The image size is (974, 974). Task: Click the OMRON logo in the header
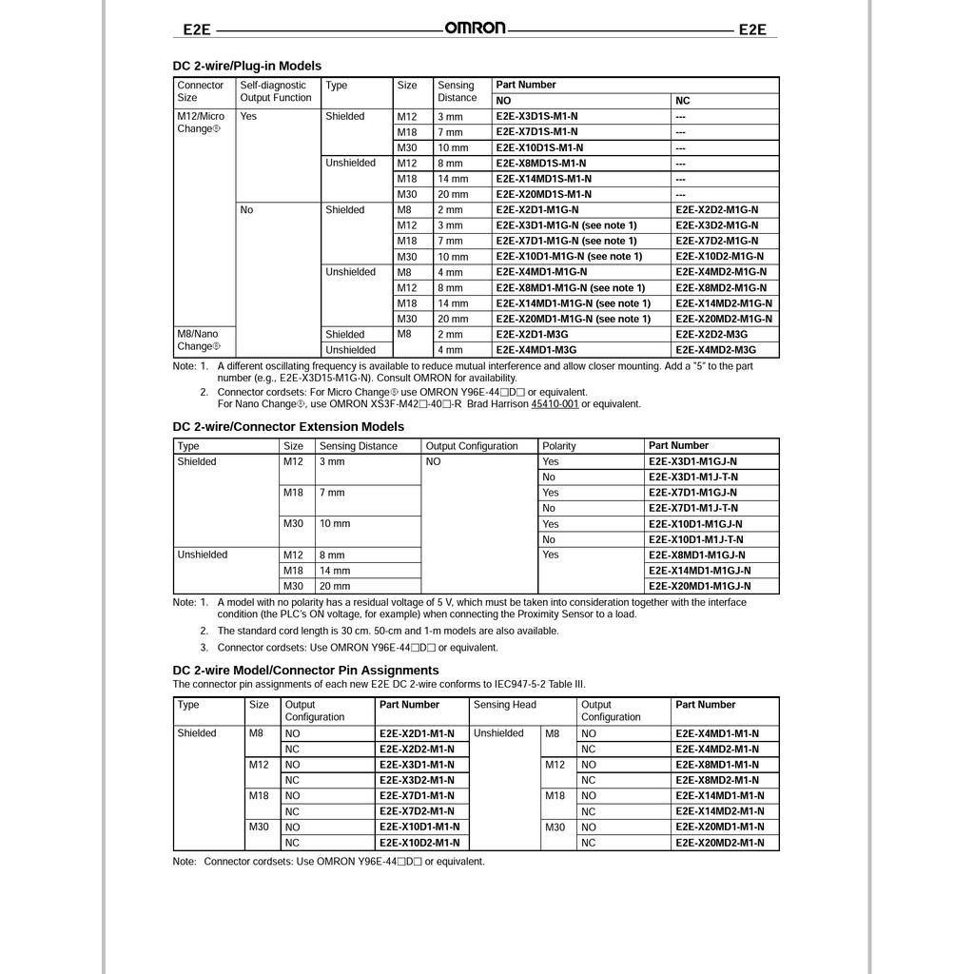[476, 28]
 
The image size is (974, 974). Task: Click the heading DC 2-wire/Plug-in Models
[247, 66]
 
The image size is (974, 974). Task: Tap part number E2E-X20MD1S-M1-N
[544, 194]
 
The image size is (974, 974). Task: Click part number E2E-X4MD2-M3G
[711, 350]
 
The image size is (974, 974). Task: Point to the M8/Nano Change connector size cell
[198, 340]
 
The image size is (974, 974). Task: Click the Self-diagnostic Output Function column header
[275, 91]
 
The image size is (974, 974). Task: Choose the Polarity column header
[559, 446]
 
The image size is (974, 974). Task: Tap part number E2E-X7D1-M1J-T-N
[692, 508]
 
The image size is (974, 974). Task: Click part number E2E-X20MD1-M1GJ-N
[699, 586]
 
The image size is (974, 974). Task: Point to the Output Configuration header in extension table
[472, 446]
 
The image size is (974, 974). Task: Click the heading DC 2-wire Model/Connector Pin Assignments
[293, 671]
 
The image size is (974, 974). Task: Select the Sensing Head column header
[505, 705]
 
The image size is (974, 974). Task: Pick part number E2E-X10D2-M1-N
[419, 843]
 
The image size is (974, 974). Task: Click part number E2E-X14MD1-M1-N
[720, 796]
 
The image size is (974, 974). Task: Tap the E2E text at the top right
[752, 29]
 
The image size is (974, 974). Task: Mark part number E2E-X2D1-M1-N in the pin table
[417, 733]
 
